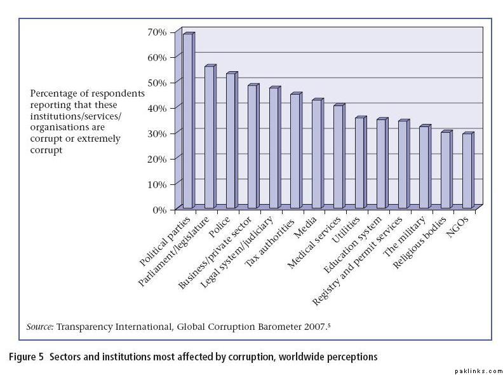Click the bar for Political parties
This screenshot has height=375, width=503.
click(188, 121)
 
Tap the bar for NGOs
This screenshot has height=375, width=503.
click(467, 171)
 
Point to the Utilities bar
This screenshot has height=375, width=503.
click(360, 163)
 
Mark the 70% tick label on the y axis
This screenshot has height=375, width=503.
click(157, 32)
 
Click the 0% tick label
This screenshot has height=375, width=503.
click(159, 209)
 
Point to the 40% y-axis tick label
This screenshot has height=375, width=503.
click(157, 108)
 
